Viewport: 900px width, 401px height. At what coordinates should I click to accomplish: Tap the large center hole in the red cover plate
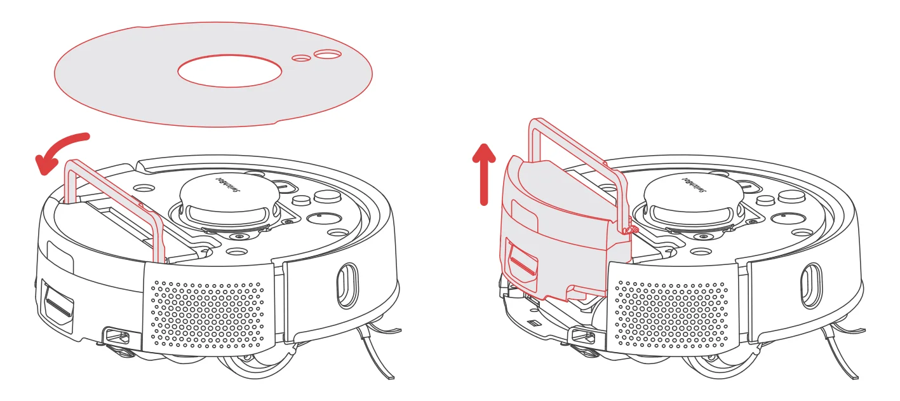pyautogui.click(x=229, y=71)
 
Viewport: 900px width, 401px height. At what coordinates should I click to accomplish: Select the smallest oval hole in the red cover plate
pyautogui.click(x=301, y=58)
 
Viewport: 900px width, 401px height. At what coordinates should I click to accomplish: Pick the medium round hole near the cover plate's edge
pyautogui.click(x=328, y=55)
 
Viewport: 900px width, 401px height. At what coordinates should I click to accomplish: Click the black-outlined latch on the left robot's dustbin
pyautogui.click(x=57, y=305)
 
